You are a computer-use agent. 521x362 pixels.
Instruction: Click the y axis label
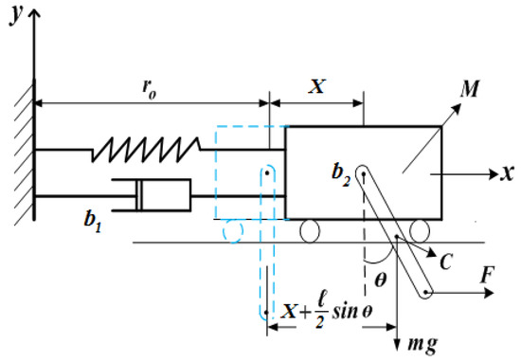point(16,14)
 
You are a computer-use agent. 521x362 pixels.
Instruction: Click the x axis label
point(508,173)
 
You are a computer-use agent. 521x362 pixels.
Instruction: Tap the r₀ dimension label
point(149,89)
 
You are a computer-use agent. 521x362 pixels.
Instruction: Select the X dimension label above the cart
point(316,86)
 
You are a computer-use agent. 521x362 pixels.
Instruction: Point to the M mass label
point(470,89)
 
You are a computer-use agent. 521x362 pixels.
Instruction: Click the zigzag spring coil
point(146,150)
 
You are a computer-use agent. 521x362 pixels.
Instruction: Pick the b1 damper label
point(93,222)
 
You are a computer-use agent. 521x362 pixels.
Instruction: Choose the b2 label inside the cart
point(341,175)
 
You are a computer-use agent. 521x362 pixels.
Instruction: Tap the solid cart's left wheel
point(310,230)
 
